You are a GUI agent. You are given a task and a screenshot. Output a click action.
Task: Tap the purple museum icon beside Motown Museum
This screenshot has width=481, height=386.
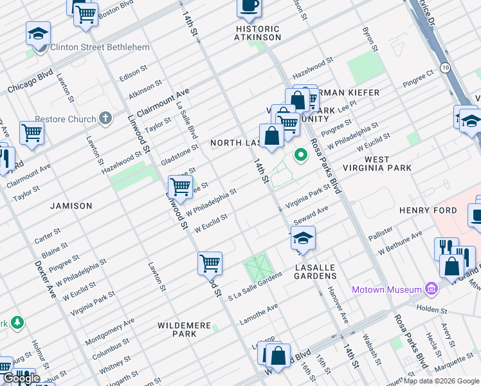tap(430, 289)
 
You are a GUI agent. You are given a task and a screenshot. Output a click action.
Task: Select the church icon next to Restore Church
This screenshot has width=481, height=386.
tap(106, 119)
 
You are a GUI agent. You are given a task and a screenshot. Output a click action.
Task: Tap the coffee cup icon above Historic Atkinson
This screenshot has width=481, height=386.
tap(249, 7)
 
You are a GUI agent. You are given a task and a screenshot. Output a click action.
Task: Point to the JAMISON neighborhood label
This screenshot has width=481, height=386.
tap(71, 206)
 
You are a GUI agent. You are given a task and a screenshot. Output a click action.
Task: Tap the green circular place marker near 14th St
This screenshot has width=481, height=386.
tap(300, 155)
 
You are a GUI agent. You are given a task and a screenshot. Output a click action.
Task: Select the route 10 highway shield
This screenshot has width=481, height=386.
tap(445, 67)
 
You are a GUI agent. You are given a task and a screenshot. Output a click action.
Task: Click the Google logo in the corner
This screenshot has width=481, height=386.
tap(21, 378)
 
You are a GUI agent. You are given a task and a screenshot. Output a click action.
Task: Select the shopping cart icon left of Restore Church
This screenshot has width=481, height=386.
tap(32, 133)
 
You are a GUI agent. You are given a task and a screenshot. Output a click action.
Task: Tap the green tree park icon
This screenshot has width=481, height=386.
tap(17, 322)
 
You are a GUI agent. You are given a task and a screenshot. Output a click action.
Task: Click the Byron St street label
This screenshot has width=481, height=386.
tap(369, 39)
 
